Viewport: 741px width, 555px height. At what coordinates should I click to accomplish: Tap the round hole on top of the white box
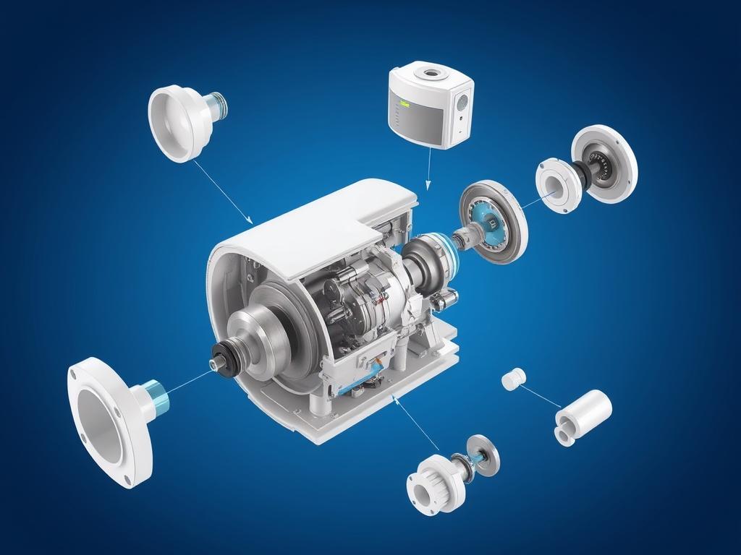click(432, 73)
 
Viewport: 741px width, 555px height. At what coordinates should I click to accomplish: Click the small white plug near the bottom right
click(513, 379)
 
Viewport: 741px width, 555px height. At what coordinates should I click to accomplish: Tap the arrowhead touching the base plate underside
click(395, 397)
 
